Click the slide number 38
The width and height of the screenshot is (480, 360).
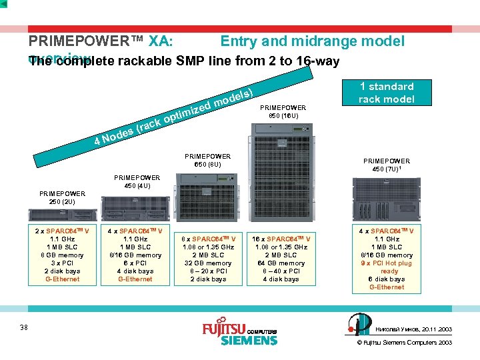[24, 327]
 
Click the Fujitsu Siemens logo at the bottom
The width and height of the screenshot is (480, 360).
[239, 334]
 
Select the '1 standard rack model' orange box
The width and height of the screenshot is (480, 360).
[387, 93]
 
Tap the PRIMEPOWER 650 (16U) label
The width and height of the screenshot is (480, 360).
[287, 111]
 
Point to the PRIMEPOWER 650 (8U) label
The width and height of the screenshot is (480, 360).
[208, 161]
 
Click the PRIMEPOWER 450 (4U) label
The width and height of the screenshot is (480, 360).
[137, 181]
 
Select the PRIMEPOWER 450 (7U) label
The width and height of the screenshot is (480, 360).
[387, 165]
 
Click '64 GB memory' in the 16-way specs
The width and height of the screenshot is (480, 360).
[281, 263]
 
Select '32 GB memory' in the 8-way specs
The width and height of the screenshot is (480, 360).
[209, 263]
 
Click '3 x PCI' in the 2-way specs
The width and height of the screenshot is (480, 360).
[62, 263]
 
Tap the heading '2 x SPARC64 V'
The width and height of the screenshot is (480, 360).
[62, 231]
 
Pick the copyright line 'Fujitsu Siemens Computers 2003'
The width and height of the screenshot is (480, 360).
[407, 343]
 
